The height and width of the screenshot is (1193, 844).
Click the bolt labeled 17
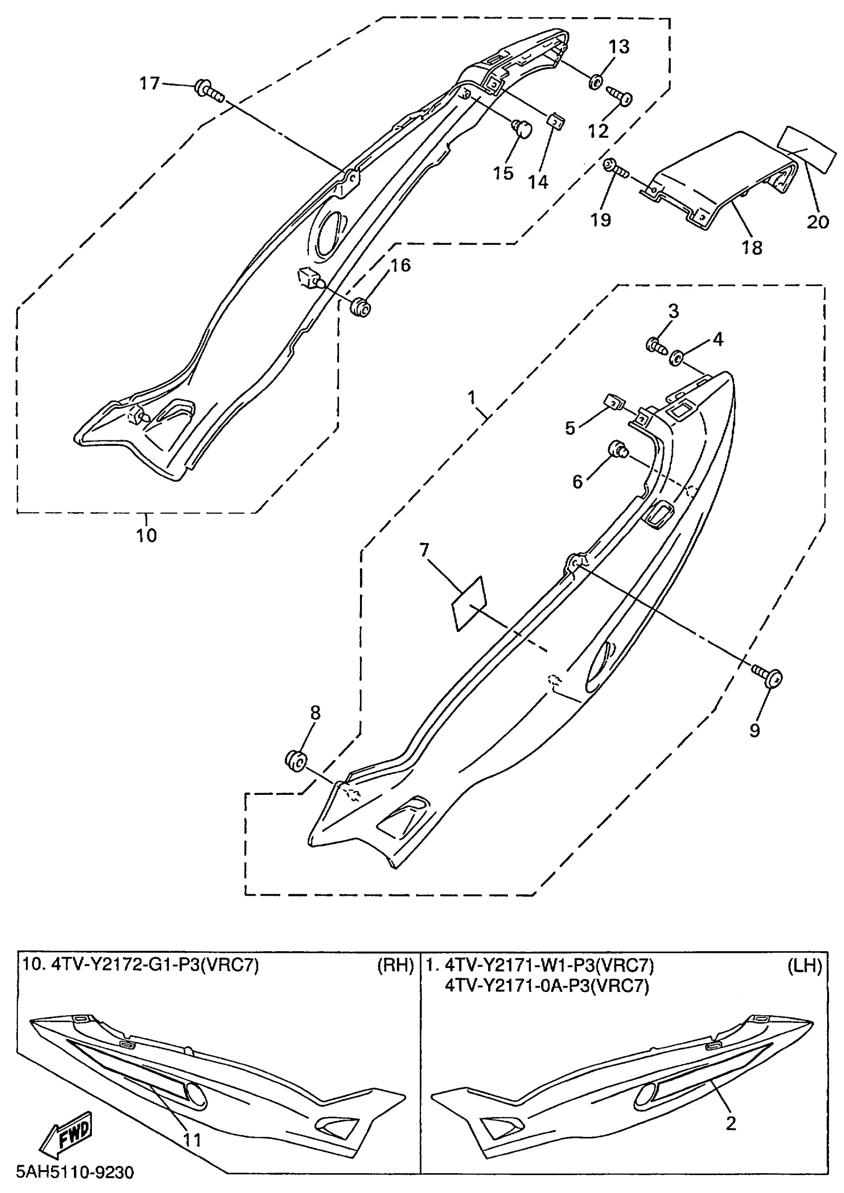[x=208, y=90]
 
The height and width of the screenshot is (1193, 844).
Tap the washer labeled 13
[x=596, y=81]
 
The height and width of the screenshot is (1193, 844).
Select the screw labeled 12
[x=620, y=97]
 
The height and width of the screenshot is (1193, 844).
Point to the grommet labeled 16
[x=360, y=308]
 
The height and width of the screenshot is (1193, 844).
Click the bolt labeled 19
[x=615, y=168]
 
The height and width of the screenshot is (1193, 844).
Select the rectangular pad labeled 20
[x=807, y=149]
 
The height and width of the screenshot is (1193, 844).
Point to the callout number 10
[x=146, y=535]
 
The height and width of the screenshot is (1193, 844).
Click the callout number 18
[x=752, y=248]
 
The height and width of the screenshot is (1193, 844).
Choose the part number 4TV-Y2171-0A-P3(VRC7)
[x=547, y=985]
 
